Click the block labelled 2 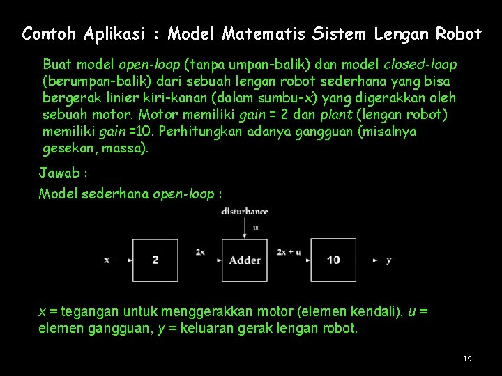tap(155, 260)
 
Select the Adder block tap(245, 260)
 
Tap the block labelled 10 tap(333, 260)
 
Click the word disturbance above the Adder tap(245, 211)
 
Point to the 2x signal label tap(200, 251)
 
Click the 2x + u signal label tap(289, 251)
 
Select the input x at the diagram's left tap(107, 260)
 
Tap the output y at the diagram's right tap(388, 260)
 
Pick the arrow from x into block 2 tap(123, 260)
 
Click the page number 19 tap(467, 359)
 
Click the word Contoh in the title tap(49, 33)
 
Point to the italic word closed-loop tap(420, 65)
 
